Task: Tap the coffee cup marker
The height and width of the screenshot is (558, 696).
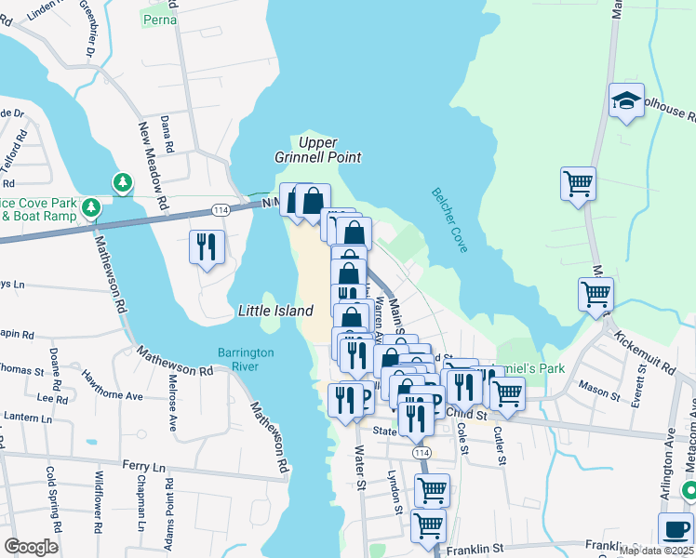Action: (676, 529)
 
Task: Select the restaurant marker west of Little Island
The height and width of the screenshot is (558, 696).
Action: (206, 247)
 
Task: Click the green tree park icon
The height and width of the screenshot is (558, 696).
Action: (122, 182)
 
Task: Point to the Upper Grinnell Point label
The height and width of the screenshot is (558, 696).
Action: (317, 150)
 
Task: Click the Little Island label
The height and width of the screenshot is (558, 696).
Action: (275, 312)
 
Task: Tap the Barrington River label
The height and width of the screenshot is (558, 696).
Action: (246, 359)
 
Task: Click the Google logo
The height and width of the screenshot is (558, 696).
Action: (31, 547)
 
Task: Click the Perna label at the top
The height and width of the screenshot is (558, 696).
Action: (156, 18)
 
